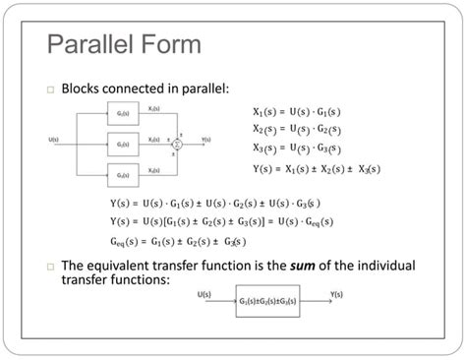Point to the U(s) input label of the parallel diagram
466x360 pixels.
55,139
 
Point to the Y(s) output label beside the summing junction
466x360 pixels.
206,139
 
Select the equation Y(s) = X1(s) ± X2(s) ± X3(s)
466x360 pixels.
316,168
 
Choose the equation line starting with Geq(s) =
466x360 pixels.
178,241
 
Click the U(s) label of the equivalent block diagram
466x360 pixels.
205,293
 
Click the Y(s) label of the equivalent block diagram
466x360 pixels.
336,293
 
